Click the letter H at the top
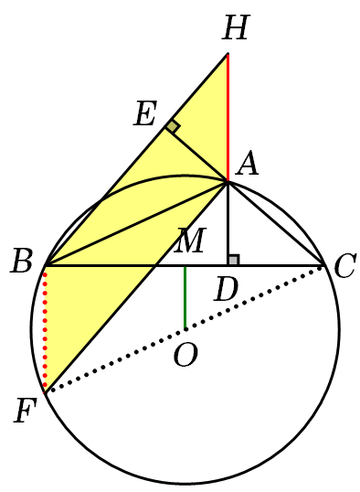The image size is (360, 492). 236,27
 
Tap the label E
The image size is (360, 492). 145,113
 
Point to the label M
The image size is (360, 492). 190,240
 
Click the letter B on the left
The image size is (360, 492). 21,261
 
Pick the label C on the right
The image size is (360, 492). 345,266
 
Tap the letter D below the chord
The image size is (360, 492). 227,290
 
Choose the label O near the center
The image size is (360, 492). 185,355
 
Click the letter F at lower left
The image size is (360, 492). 25,411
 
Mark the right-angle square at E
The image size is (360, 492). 173,126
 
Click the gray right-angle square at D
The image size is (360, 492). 234,260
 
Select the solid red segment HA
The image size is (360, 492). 228,118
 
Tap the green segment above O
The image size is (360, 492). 185,297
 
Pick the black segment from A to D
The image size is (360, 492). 228,224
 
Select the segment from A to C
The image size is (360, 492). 275,223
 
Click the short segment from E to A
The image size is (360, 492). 196,155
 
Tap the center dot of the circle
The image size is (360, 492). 185,329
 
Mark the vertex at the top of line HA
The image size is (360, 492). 228,54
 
